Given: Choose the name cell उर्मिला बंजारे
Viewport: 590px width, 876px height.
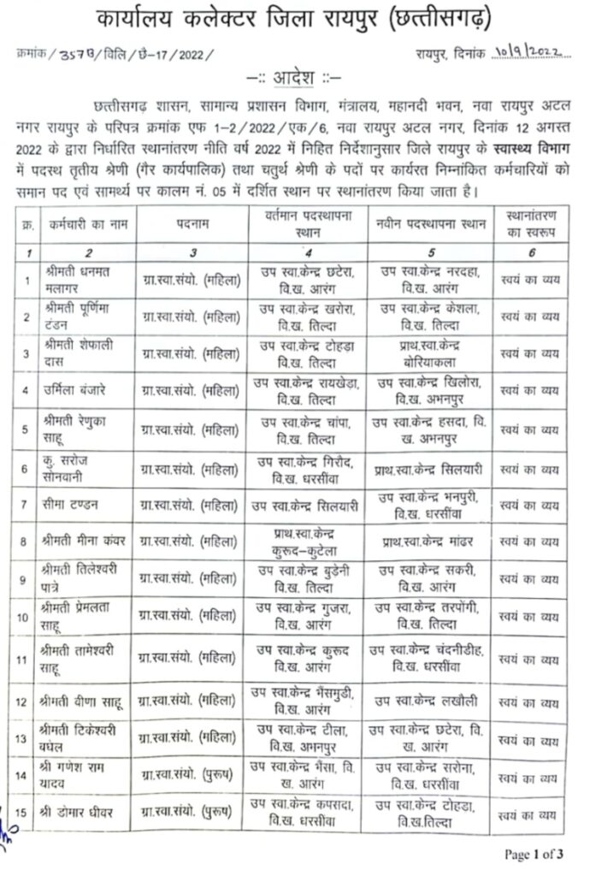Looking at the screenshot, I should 73,390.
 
